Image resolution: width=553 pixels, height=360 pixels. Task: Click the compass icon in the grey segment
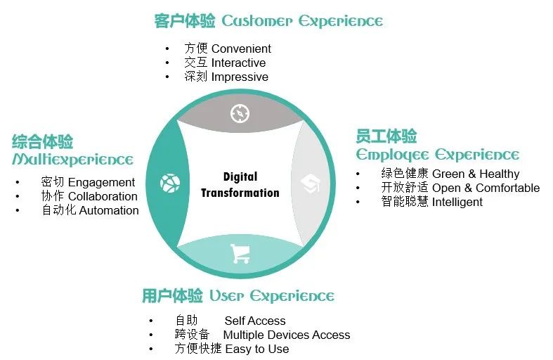pyautogui.click(x=240, y=114)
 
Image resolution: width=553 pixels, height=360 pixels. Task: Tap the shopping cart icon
pyautogui.click(x=240, y=253)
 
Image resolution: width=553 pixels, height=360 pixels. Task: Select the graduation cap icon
pyautogui.click(x=311, y=184)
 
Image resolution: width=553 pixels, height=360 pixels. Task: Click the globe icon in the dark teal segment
pyautogui.click(x=170, y=184)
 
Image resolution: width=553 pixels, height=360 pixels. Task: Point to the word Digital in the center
pyautogui.click(x=240, y=176)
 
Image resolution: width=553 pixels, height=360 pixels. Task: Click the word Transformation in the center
pyautogui.click(x=240, y=193)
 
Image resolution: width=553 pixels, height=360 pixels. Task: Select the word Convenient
pyautogui.click(x=241, y=49)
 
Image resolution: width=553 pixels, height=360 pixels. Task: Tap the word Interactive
pyautogui.click(x=238, y=63)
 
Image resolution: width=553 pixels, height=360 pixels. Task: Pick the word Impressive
pyautogui.click(x=240, y=77)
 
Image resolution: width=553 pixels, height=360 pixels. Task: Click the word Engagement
pyautogui.click(x=101, y=183)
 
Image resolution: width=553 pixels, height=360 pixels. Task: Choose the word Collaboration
pyautogui.click(x=103, y=196)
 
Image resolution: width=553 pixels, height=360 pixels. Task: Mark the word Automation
pyautogui.click(x=109, y=210)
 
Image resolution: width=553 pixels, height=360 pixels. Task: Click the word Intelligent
pyautogui.click(x=457, y=202)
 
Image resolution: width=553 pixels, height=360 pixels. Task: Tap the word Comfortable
pyautogui.click(x=507, y=188)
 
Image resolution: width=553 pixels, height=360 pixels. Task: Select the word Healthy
pyautogui.click(x=500, y=174)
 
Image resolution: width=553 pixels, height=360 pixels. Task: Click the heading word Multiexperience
pyautogui.click(x=72, y=160)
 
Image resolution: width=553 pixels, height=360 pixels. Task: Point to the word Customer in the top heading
pyautogui.click(x=257, y=21)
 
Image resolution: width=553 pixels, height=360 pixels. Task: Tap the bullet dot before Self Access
pyautogui.click(x=151, y=321)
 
